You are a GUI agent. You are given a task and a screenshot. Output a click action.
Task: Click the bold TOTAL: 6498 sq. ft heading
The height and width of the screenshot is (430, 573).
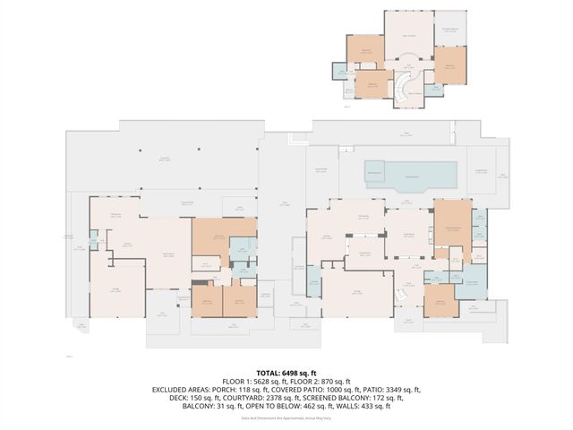tap(286, 372)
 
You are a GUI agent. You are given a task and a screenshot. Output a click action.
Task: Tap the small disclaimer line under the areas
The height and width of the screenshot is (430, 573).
tap(286, 418)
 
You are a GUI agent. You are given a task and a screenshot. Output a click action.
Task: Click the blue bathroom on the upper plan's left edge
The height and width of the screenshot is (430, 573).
tap(339, 71)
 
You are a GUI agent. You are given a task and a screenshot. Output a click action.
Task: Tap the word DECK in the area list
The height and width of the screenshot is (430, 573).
tap(169, 398)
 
